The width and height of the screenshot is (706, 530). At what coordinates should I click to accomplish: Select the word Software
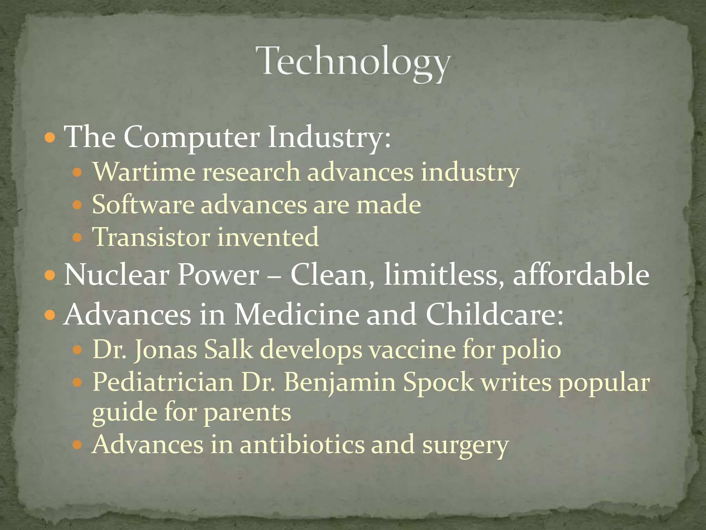pos(143,205)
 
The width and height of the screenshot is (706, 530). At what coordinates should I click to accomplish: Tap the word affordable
pos(581,275)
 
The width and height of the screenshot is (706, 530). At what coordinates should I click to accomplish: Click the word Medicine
pos(296,314)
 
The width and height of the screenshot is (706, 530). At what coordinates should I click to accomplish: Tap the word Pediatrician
pos(163,382)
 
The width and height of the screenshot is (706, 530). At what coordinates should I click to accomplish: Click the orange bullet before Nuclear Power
pos(50,275)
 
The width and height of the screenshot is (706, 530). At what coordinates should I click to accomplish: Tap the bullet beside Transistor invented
pos(78,237)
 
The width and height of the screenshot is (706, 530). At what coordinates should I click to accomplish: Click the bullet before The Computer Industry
pos(50,138)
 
